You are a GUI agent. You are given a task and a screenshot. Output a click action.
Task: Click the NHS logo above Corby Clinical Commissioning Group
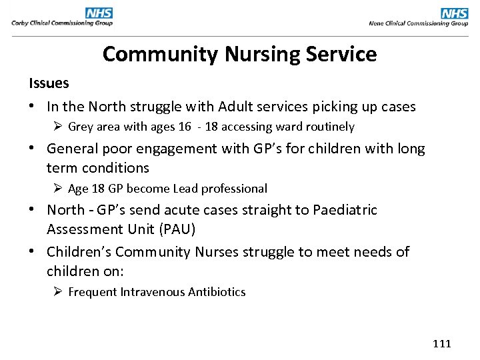point(99,13)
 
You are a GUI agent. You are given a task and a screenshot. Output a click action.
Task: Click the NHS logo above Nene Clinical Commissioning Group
point(455,13)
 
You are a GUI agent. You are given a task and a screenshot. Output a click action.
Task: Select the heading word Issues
point(49,83)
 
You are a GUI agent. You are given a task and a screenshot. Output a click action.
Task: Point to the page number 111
point(442,344)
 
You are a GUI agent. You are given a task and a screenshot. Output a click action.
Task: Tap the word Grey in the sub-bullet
point(81,127)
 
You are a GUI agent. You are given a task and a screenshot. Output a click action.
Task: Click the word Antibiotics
point(217,292)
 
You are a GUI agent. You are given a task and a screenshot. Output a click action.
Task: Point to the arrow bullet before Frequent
point(58,292)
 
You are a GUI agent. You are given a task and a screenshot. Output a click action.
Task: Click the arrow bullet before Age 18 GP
point(58,189)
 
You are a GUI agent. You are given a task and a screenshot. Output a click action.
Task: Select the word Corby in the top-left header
point(21,23)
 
